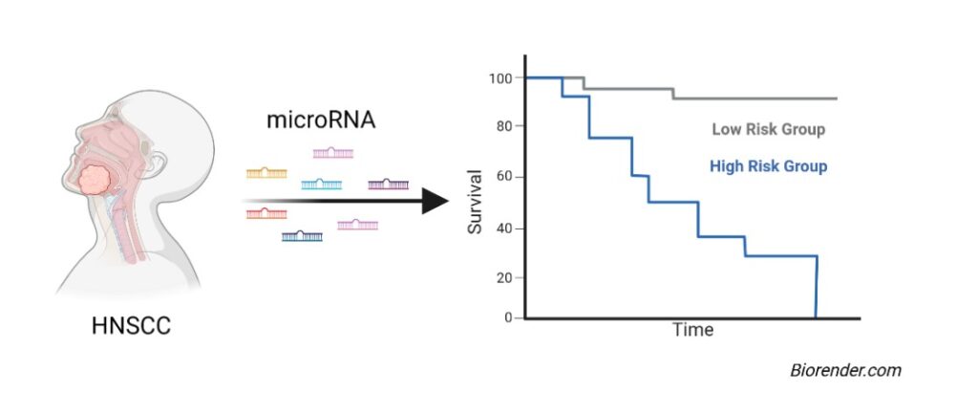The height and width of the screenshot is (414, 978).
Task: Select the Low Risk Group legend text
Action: point(768,129)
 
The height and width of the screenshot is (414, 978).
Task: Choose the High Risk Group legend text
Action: point(768,166)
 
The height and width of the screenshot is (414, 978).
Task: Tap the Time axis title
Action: point(692,330)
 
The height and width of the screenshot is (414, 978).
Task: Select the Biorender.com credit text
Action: point(845,371)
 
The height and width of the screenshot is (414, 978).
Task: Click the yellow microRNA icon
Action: point(266,173)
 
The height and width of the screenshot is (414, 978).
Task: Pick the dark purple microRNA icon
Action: point(388,184)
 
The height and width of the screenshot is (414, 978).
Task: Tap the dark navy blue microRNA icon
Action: point(302,235)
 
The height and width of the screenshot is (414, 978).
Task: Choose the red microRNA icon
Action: point(266,212)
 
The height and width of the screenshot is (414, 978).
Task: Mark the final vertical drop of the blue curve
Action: point(817,287)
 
